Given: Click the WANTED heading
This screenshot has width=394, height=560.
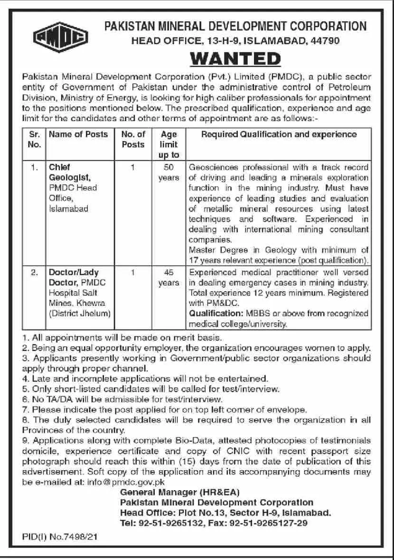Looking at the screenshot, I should click(235, 59).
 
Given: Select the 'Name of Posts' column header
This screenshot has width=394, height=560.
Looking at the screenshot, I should click(78, 134).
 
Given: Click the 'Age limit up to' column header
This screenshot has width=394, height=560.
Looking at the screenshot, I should click(169, 144).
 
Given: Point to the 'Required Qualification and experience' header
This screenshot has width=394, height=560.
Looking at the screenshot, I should click(279, 134).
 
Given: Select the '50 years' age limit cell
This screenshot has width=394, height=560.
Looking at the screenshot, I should click(169, 172).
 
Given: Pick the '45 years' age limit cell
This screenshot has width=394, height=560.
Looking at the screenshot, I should click(169, 278).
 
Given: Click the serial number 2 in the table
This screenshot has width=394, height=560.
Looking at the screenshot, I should click(34, 273).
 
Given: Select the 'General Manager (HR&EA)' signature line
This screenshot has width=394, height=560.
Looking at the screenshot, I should click(180, 492).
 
